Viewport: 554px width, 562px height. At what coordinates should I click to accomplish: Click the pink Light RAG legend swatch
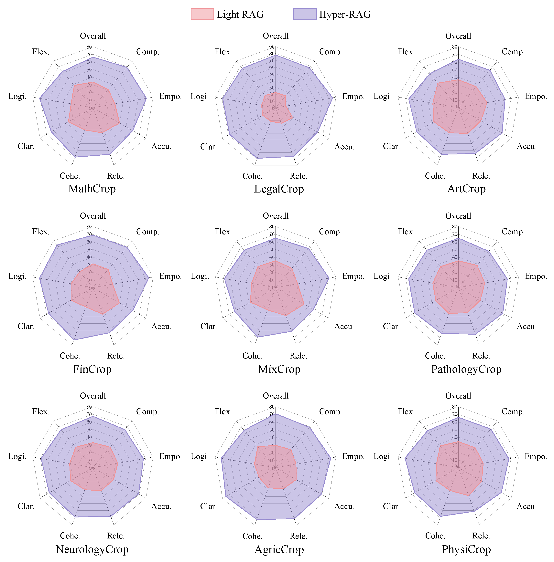click(x=202, y=14)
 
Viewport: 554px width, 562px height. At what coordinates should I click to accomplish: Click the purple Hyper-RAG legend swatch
click(x=305, y=14)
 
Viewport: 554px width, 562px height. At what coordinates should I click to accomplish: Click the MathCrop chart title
click(x=92, y=189)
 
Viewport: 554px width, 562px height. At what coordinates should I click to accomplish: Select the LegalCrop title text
click(x=279, y=189)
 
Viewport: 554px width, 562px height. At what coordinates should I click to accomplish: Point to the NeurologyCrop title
click(x=92, y=549)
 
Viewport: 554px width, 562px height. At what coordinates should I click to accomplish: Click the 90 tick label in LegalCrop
click(x=272, y=47)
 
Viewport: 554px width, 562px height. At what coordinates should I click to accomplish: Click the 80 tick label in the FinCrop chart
click(x=89, y=226)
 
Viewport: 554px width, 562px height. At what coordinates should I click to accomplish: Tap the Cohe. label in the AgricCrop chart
click(x=252, y=536)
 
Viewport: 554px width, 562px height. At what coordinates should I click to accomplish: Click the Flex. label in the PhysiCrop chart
click(x=406, y=411)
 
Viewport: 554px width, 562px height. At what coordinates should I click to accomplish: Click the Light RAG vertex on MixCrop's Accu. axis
click(x=304, y=304)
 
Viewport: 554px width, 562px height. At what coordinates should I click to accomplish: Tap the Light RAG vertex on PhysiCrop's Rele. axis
click(x=468, y=495)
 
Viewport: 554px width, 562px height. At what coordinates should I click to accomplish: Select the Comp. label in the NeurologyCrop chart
click(x=147, y=411)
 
